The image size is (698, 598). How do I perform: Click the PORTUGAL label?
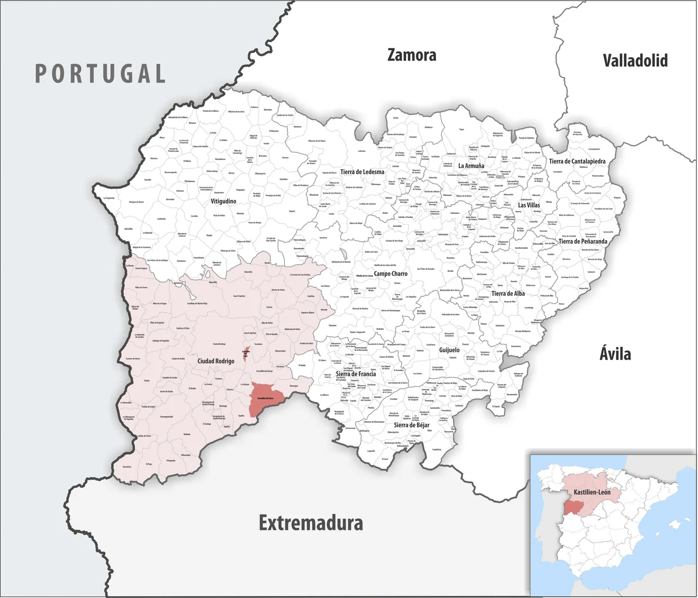tap(100, 74)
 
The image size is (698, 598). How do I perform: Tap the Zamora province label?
tap(412, 55)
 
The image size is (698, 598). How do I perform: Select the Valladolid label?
tap(635, 61)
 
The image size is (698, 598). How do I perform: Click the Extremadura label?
tap(311, 523)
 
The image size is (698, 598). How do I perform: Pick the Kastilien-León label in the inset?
tap(592, 492)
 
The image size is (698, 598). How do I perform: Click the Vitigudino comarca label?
tap(224, 201)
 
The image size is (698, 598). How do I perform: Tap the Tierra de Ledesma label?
tap(362, 172)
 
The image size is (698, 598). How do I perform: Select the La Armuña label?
tap(471, 166)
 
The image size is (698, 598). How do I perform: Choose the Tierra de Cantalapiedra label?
tap(577, 162)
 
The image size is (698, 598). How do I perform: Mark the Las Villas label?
tap(529, 205)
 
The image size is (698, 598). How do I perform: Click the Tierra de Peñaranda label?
tap(582, 241)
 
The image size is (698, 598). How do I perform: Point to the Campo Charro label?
tap(390, 274)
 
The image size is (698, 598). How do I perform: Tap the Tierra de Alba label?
tap(508, 294)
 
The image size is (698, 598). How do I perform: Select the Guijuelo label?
tap(449, 350)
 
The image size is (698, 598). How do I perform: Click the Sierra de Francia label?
tap(356, 374)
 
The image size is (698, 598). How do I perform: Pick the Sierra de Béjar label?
tap(411, 425)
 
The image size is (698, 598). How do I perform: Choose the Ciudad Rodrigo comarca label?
tap(216, 361)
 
